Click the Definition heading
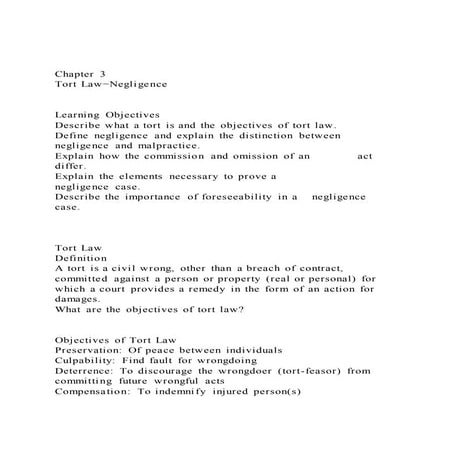click(80, 257)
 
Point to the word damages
click(77, 299)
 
